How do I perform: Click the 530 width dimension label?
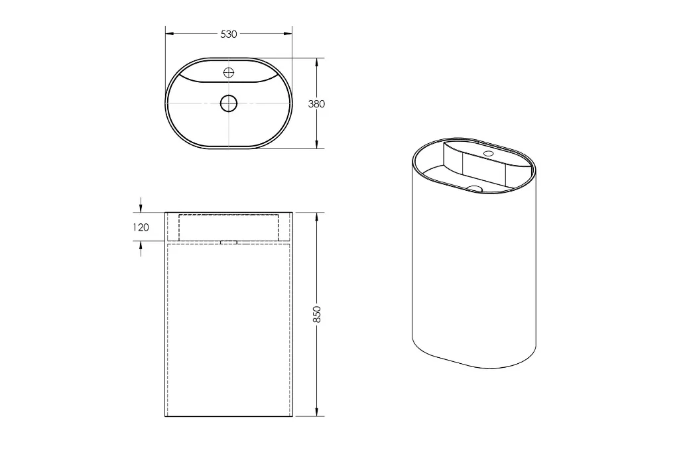(x=229, y=34)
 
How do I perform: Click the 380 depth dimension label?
(x=316, y=104)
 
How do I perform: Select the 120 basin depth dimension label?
(x=141, y=227)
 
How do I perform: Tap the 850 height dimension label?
(x=317, y=314)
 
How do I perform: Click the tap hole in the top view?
(x=229, y=72)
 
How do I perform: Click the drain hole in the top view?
(x=229, y=103)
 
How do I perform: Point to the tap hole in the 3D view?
(x=489, y=153)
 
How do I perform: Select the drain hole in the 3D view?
(x=475, y=188)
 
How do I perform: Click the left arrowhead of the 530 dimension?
(x=169, y=33)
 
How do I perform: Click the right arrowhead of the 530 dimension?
(x=288, y=33)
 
